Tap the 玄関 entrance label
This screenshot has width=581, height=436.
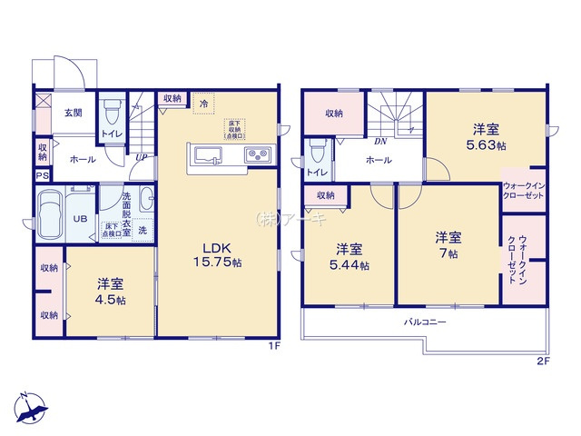(x=74, y=114)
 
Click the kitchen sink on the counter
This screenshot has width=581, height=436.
(x=207, y=154)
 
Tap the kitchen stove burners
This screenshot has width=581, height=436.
(x=256, y=154)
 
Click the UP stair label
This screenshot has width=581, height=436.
(x=142, y=156)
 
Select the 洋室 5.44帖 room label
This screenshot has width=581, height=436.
(x=350, y=256)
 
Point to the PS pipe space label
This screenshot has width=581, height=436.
(x=42, y=176)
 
